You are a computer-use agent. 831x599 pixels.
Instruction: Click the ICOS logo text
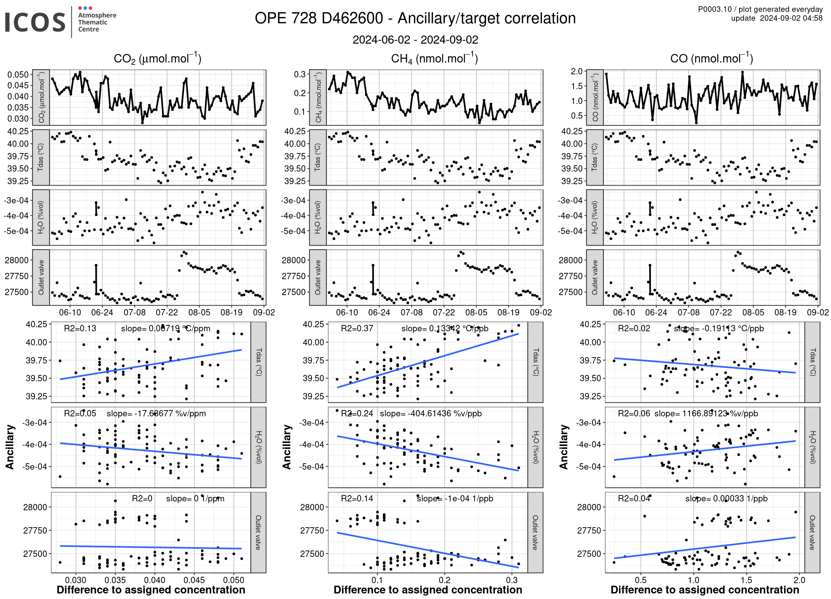[35, 22]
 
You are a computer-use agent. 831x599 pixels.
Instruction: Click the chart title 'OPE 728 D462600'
[319, 18]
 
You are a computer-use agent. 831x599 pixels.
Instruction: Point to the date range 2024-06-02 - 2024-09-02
[415, 40]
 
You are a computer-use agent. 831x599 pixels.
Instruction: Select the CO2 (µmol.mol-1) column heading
[157, 58]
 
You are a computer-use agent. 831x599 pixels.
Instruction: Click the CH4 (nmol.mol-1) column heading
[434, 58]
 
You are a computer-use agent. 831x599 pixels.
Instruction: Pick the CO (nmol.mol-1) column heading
[711, 58]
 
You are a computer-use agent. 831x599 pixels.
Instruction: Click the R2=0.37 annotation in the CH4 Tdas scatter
[357, 328]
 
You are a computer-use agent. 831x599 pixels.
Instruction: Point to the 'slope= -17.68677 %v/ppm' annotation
[156, 413]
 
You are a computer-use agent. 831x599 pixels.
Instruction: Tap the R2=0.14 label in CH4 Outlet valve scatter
[357, 498]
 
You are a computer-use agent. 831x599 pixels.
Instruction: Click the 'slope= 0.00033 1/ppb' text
[726, 498]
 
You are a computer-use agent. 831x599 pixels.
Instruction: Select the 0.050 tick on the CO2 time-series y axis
[18, 75]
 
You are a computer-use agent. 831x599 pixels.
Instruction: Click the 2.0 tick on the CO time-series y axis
[577, 71]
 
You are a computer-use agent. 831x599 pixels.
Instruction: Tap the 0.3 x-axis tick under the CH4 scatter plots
[512, 580]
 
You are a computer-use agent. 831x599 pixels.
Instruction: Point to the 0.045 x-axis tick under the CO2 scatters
[194, 580]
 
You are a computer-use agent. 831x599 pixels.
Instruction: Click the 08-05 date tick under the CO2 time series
[199, 312]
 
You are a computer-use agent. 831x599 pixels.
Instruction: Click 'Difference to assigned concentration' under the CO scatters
[705, 590]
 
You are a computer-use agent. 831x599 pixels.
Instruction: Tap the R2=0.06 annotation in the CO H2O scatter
[634, 413]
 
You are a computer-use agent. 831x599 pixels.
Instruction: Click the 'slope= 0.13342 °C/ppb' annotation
[445, 328]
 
